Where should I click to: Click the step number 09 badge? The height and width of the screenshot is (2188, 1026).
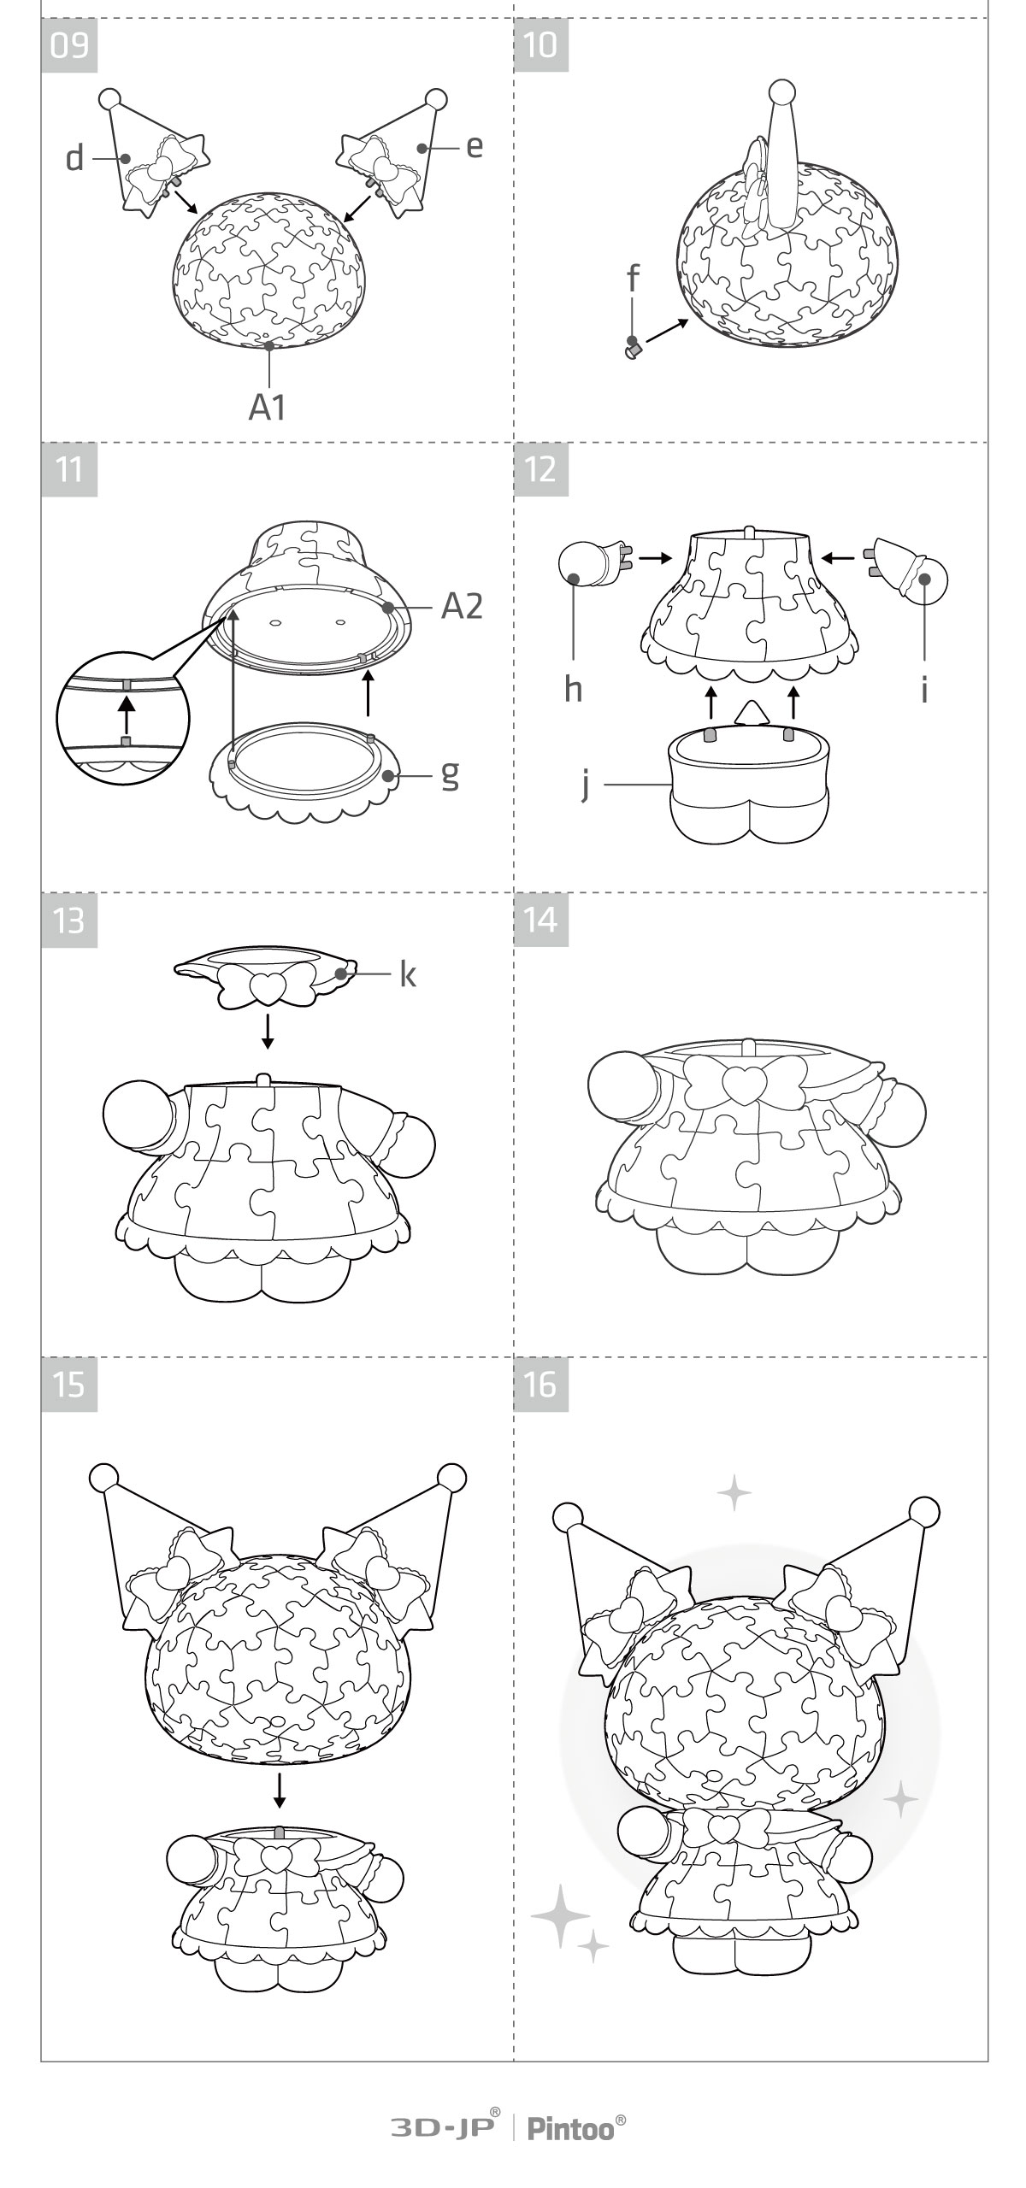69,44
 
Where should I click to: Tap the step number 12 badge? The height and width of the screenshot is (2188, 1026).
541,468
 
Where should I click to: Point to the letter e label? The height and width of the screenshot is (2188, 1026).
475,146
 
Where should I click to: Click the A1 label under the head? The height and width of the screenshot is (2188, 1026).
268,408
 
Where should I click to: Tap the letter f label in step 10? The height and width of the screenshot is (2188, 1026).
633,278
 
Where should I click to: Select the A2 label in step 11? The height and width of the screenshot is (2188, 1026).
462,606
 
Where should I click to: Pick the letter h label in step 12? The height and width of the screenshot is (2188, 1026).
573,688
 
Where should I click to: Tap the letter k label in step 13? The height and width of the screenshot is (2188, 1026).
408,974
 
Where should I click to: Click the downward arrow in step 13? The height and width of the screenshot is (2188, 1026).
268,1032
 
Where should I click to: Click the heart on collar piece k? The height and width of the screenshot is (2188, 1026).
268,989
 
